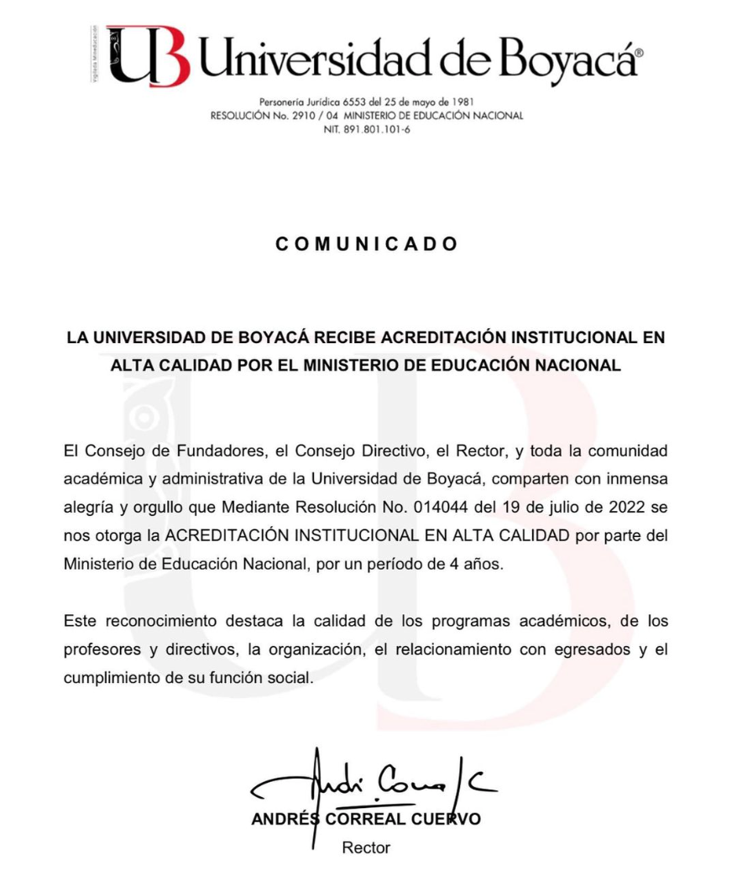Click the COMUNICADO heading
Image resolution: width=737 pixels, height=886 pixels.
367,244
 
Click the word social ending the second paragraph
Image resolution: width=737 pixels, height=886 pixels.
290,678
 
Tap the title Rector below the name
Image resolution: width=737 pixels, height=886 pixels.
366,847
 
